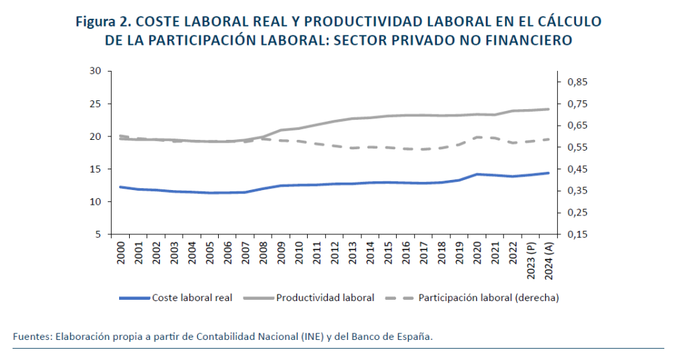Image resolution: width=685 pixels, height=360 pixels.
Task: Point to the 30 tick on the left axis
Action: pos(94,71)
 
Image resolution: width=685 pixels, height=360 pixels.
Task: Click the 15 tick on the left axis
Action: pos(94,169)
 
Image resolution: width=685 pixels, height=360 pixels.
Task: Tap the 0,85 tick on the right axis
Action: pos(579,82)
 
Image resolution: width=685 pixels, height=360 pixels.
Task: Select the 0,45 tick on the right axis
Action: pos(579,169)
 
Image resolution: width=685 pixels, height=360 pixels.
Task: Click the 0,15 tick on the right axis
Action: pos(579,234)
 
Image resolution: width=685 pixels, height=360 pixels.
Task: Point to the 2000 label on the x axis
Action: pos(121,252)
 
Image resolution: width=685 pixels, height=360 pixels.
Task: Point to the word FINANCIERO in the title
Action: pos(530,40)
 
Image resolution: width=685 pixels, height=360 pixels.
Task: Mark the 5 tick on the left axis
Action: pos(98,234)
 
